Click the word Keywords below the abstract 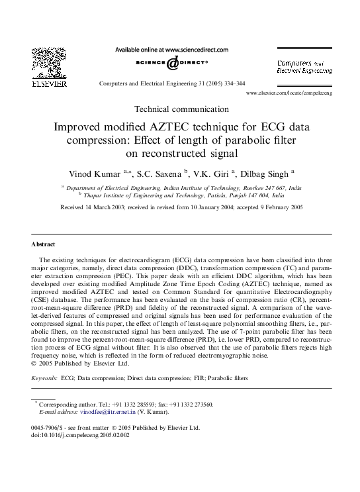pyautogui.click(x=44, y=378)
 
